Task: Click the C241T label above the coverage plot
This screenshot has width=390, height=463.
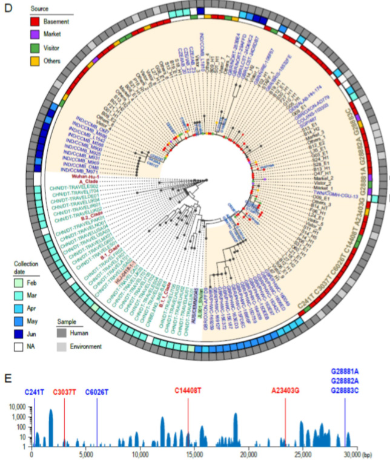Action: (34, 392)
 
